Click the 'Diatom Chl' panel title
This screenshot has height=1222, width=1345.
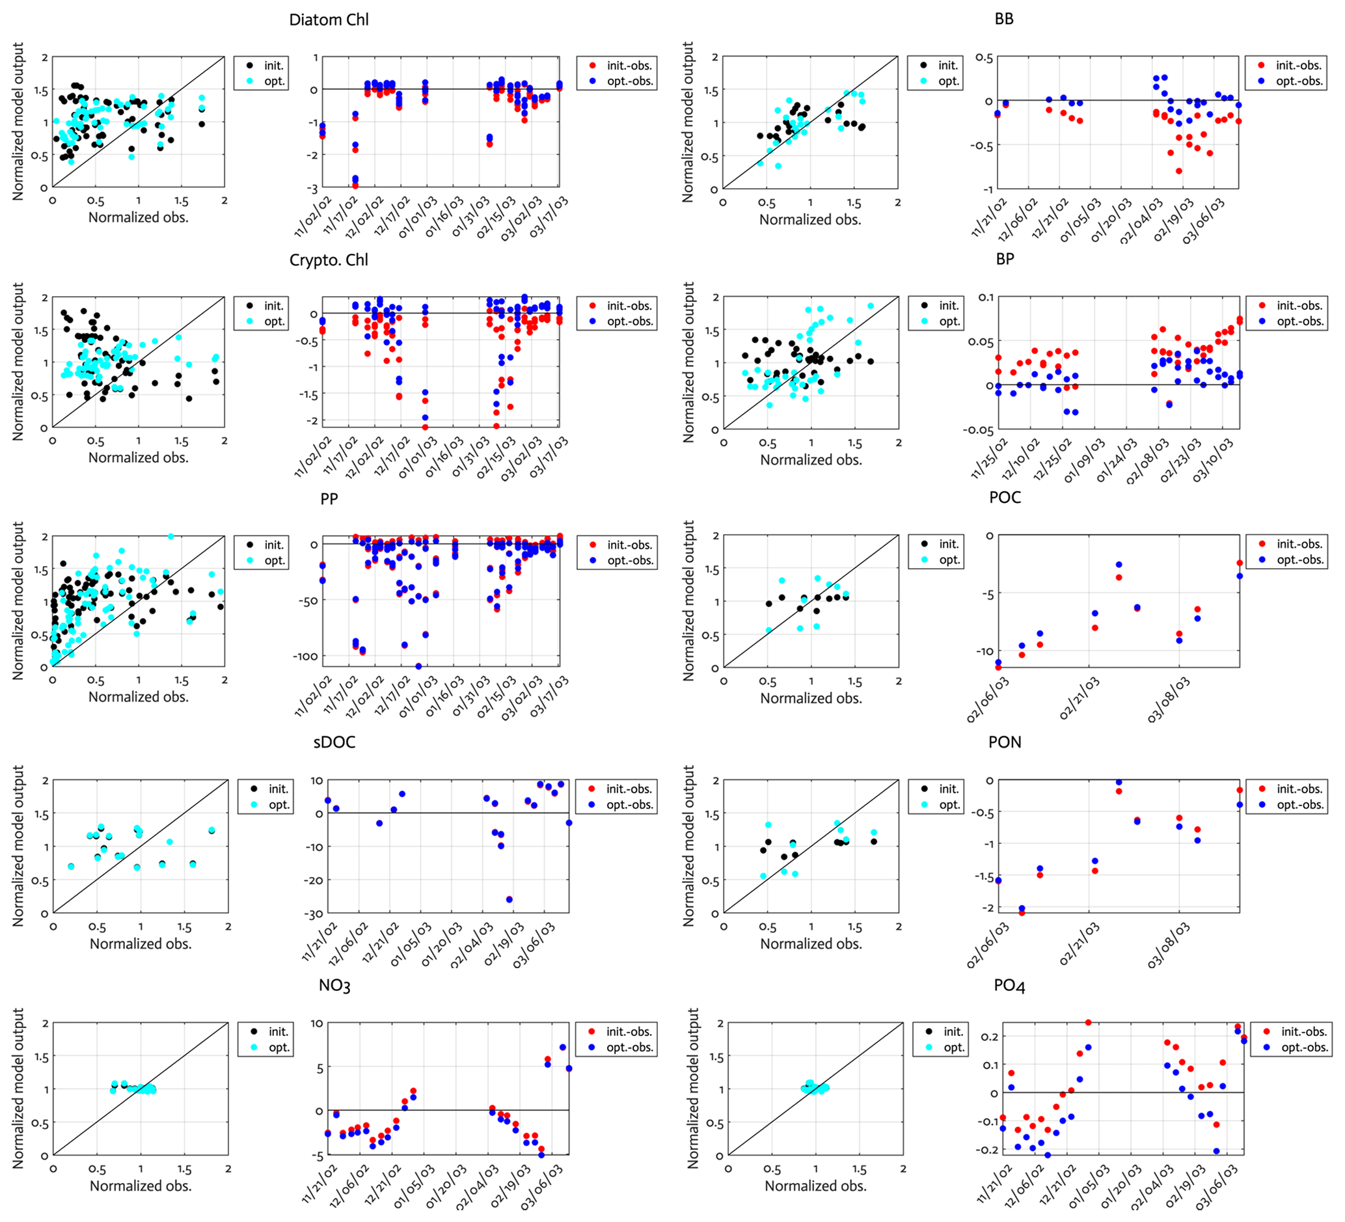click(328, 20)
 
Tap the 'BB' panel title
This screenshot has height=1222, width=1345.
click(1003, 20)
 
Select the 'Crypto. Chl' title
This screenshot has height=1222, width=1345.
click(328, 260)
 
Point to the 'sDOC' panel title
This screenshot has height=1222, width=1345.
click(334, 742)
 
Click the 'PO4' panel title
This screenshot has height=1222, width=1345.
click(1009, 986)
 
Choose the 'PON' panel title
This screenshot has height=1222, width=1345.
click(1005, 742)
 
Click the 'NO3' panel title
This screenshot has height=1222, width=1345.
click(334, 986)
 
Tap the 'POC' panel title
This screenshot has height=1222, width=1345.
click(1005, 498)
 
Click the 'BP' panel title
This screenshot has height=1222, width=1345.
click(1005, 259)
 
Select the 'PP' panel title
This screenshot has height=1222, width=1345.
click(329, 499)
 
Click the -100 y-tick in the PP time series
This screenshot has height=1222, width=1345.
click(305, 657)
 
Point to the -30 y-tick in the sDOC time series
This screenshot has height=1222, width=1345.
click(315, 914)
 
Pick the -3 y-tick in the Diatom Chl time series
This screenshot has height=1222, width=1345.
click(312, 187)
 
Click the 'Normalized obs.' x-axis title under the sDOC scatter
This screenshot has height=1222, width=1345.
click(141, 944)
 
